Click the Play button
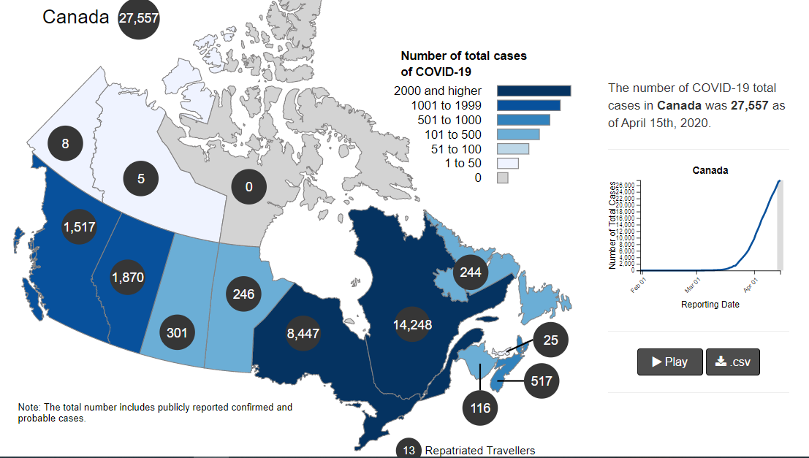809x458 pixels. (669, 362)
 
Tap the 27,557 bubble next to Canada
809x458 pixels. (139, 18)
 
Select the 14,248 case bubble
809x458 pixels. (412, 325)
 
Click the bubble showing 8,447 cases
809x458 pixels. (303, 334)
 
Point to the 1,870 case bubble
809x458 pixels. (128, 278)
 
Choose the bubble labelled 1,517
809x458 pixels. (79, 227)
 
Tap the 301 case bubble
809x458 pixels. (177, 333)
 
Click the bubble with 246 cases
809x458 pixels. (243, 294)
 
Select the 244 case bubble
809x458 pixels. (471, 272)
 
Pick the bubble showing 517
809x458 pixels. (542, 381)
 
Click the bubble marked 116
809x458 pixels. (480, 408)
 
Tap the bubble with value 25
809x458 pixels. (551, 340)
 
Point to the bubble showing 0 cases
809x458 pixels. (248, 187)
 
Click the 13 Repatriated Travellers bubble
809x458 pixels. (409, 450)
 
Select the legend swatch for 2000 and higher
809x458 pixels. (533, 91)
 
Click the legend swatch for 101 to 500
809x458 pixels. (518, 134)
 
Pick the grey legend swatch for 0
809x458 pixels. (503, 178)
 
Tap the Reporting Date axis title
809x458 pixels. (710, 304)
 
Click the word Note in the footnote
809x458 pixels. (29, 407)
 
